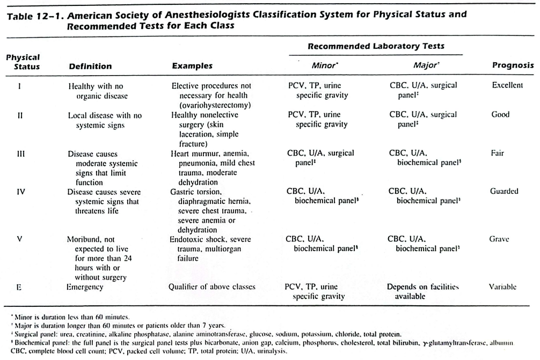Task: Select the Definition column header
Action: [90, 67]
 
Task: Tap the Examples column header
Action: [192, 67]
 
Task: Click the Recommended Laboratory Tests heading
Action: [376, 47]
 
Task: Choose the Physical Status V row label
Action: [20, 238]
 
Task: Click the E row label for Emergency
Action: [19, 287]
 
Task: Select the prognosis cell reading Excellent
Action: [507, 86]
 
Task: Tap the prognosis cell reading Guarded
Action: [504, 190]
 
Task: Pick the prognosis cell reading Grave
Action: [499, 239]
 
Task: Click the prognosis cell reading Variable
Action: [502, 287]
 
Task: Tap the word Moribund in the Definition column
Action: [84, 239]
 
